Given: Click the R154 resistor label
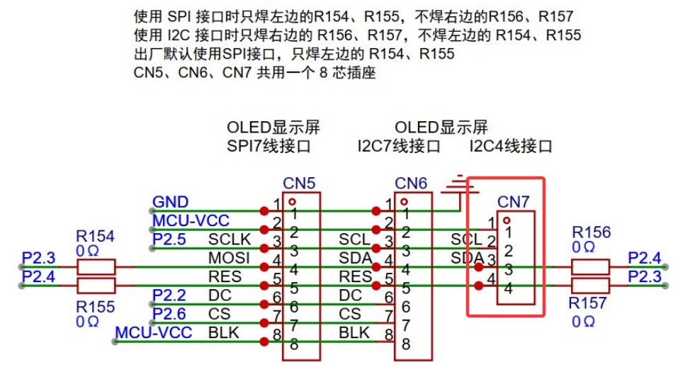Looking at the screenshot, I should (x=95, y=236).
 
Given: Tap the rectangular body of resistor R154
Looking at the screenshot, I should (x=96, y=267).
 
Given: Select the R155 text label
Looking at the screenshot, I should (x=95, y=306).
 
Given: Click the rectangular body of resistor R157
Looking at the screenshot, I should (x=589, y=286).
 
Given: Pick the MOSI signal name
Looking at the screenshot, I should (x=225, y=258).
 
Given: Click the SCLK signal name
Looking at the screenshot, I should (x=225, y=240).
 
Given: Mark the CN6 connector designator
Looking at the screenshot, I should (x=411, y=184).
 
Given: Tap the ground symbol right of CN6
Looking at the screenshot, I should (x=460, y=185).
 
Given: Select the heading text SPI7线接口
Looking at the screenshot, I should (x=268, y=147).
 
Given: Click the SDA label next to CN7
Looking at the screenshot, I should (x=466, y=257).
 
